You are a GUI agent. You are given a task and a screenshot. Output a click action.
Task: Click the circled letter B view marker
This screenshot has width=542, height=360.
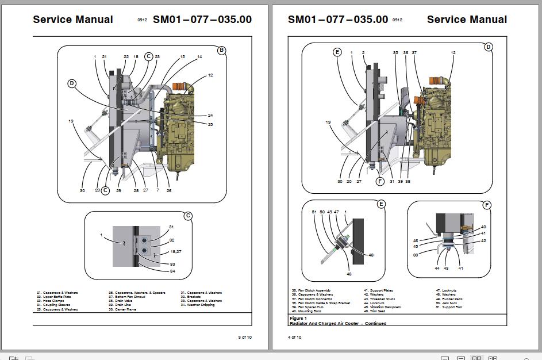pos(221,51)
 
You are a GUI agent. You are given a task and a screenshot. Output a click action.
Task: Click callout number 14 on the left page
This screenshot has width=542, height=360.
pos(199,57)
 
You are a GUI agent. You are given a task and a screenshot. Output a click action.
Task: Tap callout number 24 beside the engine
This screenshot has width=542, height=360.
pos(210,116)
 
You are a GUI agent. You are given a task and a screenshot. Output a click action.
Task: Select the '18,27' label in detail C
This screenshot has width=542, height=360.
pos(175,252)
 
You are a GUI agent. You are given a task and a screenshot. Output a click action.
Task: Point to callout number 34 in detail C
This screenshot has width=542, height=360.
pos(171,271)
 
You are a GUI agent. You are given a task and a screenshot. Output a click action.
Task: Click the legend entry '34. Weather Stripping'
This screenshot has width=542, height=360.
pos(198,305)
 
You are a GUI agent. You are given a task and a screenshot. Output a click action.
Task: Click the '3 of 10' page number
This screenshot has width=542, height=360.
pos(245,337)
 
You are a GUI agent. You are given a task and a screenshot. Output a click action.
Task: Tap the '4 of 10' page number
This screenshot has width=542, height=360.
pos(294,337)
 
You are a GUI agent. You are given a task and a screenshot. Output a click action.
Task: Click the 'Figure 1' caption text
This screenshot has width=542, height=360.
pos(298,318)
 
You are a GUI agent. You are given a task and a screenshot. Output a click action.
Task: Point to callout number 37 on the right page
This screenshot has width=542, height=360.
pos(414,53)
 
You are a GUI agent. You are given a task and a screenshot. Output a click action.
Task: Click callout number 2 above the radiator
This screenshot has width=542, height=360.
pos(363,53)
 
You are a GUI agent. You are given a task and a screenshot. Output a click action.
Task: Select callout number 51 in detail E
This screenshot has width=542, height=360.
pos(314,212)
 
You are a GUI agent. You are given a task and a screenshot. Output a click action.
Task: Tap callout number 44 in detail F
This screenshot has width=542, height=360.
pos(437,269)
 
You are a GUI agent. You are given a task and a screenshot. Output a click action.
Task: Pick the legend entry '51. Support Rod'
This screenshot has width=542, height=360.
pos(448,307)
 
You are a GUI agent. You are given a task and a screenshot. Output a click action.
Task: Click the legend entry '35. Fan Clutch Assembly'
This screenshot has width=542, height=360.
pos(311,291)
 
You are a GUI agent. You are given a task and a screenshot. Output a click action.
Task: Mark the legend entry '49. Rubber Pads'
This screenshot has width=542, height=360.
pos(448,299)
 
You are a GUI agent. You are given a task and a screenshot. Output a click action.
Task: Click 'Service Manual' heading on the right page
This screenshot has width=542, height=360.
pos(467,20)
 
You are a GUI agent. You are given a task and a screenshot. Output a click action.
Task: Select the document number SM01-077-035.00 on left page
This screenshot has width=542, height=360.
pos(202,20)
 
